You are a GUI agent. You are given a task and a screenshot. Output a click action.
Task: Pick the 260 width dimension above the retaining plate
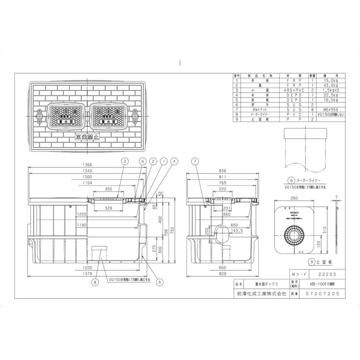(294, 197)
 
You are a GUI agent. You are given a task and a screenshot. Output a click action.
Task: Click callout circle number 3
(125, 161)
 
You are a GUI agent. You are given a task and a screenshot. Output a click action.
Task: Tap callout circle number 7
(195, 161)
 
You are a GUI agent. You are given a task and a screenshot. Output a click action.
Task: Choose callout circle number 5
(159, 282)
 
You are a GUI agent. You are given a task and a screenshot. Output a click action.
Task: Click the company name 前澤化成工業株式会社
(260, 293)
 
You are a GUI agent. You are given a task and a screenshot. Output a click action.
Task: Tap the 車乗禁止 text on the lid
(88, 137)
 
